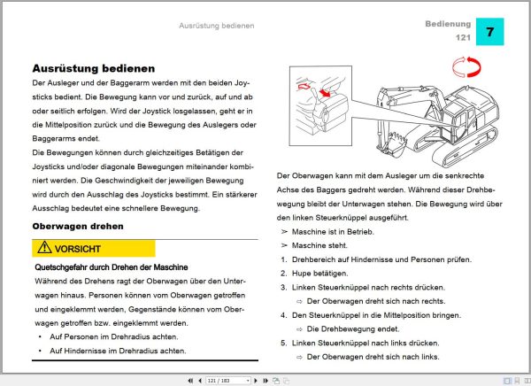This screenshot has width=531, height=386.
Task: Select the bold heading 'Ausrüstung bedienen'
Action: coord(94,67)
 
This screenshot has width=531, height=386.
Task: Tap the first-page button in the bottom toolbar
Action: coord(189,380)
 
